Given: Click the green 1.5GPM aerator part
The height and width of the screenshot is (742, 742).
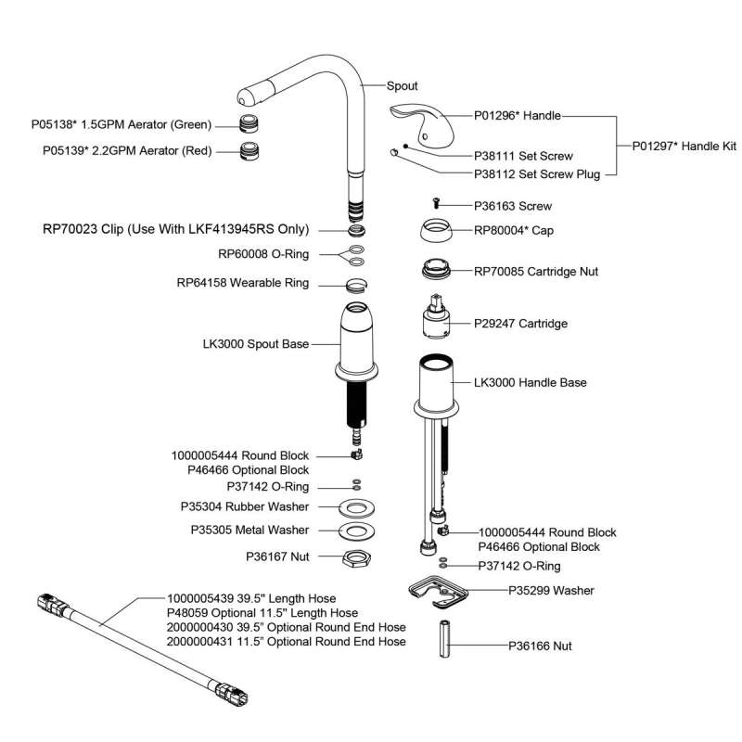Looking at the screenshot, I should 248,124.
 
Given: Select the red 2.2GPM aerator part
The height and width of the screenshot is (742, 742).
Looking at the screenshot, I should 249,149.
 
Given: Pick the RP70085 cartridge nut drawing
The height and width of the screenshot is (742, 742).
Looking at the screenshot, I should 435,271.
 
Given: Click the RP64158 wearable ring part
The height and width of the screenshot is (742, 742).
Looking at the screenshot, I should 356,283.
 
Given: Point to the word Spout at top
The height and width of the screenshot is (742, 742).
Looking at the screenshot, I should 402,85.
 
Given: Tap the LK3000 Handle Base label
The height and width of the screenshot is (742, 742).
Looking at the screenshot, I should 530,382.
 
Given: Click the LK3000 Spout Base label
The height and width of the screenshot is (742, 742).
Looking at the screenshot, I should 256,344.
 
